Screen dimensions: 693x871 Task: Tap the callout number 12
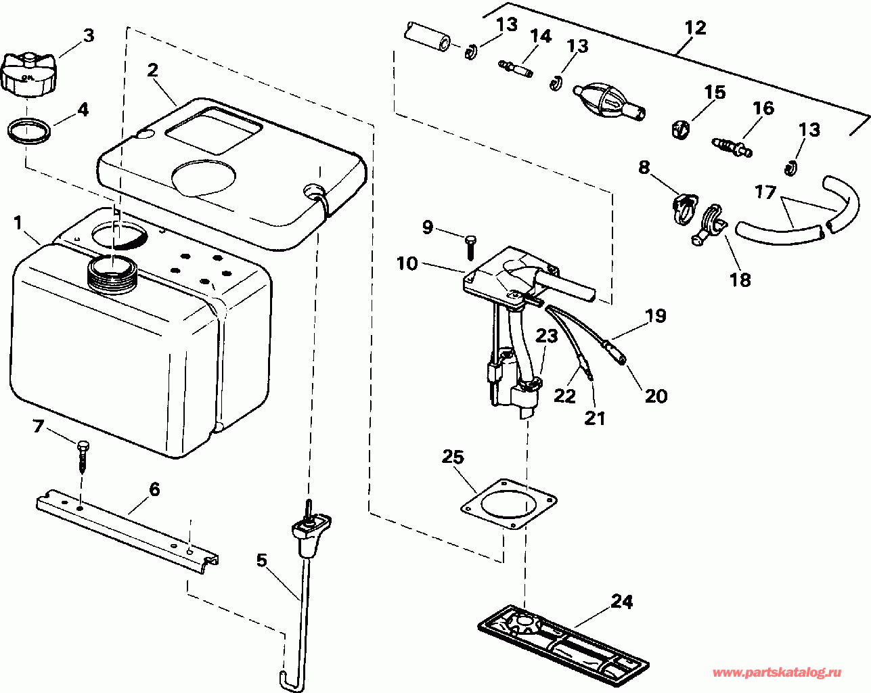click(695, 28)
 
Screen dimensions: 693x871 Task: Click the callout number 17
click(765, 193)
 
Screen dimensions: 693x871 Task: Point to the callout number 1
click(18, 222)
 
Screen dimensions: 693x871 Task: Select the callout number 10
click(407, 263)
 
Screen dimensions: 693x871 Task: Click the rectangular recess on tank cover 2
click(213, 131)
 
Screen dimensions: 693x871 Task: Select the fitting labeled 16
click(733, 144)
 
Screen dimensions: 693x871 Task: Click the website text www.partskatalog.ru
click(778, 673)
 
